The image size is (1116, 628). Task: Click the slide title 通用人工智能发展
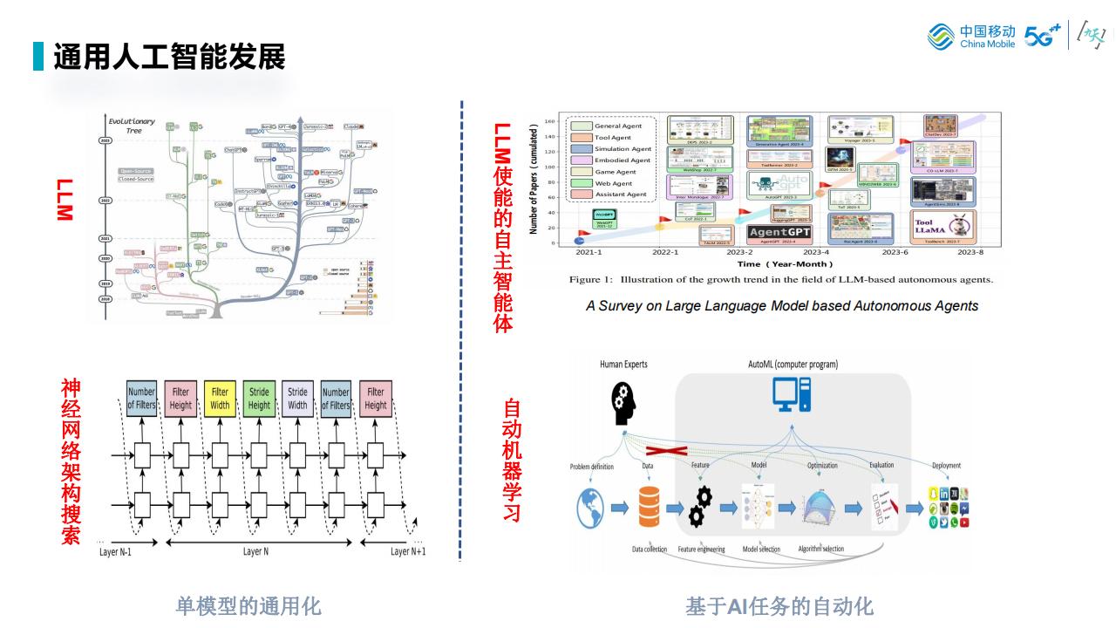169,57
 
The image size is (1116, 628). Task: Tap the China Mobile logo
971,37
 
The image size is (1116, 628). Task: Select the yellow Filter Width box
220,399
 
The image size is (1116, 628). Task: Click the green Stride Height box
259,399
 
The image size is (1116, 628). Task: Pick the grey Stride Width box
297,399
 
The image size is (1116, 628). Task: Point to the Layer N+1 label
408,551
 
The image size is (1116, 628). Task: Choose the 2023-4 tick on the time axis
815,252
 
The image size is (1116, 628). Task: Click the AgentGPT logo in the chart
779,233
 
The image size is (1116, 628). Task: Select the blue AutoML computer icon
792,395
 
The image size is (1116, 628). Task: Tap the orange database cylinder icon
649,507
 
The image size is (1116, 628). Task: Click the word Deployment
946,466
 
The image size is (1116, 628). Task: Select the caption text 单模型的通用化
248,605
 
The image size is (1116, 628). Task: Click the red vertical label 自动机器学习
512,460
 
